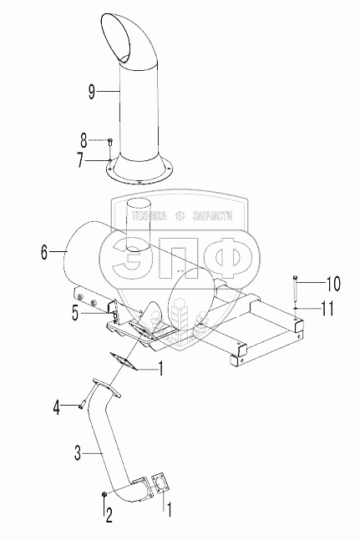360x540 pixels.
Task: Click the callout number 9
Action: [x=91, y=91]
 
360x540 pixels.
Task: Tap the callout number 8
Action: [x=84, y=140]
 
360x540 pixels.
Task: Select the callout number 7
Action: [x=81, y=160]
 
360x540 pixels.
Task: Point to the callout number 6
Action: [x=44, y=252]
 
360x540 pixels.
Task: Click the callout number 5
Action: [x=75, y=313]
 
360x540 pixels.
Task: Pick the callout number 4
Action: [x=56, y=407]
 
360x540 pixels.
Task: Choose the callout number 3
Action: [x=78, y=453]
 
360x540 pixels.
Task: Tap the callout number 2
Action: [x=109, y=516]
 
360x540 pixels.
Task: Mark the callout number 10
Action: [x=332, y=284]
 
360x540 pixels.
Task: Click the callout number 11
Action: [x=327, y=308]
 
